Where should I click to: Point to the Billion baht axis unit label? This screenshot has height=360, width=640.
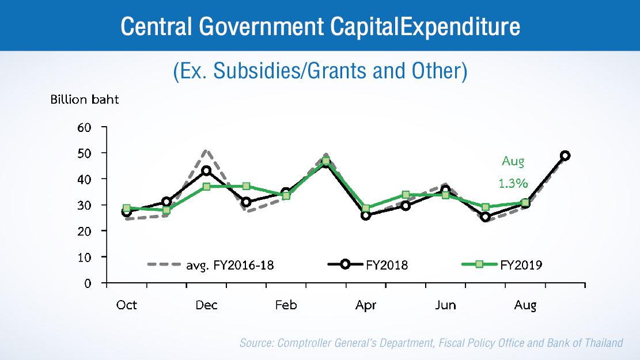pos(85,99)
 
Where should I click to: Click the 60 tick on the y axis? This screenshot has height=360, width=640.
pos(85,127)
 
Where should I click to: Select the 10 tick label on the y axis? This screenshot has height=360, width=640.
pos(85,257)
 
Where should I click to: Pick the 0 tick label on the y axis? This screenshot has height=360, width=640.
pos(88,283)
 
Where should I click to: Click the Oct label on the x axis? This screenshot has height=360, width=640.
pos(127,305)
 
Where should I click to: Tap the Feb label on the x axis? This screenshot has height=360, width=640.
pos(286,305)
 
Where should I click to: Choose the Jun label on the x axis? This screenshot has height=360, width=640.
pos(445,305)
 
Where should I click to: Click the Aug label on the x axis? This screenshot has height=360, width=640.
pos(525,305)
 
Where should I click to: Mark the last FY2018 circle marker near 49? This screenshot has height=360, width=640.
pos(565,156)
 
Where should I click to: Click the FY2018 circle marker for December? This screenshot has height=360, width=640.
pos(206,171)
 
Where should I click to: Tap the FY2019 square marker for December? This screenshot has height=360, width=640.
pos(206,187)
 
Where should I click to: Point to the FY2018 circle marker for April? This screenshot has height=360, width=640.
pos(366,215)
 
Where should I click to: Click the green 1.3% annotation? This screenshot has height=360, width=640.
pos(513,183)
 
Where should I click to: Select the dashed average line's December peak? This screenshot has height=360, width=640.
pos(206,151)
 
